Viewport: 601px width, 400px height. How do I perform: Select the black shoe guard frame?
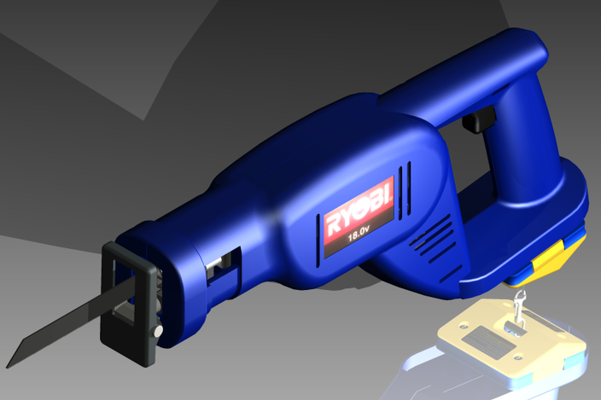(x=129, y=294)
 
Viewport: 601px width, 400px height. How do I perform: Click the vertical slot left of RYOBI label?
(x=310, y=241)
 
